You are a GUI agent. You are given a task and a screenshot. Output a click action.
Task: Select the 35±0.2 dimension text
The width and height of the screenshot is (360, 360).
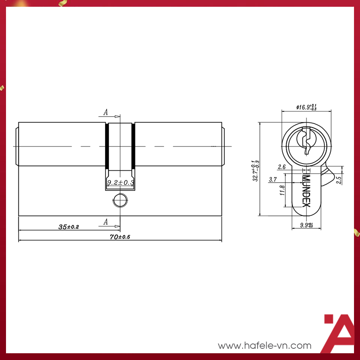coord(68,226)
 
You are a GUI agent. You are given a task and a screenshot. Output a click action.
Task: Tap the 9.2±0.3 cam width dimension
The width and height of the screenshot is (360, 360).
coord(120,183)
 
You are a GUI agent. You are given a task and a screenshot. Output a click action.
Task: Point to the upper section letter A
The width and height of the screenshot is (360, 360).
coord(106,112)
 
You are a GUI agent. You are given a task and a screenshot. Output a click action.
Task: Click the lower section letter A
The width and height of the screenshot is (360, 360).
coord(106,222)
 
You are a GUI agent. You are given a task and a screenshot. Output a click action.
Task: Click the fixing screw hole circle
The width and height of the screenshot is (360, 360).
coord(120,201)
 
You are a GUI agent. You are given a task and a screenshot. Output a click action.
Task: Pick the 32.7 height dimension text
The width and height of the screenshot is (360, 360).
coord(256,170)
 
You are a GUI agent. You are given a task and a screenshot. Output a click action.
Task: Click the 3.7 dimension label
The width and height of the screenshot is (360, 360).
coord(273,180)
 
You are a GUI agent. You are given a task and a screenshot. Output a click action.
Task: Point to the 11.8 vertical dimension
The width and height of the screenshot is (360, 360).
coord(283,190)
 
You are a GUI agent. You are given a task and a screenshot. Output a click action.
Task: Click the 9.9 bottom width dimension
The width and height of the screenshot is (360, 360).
coord(306,225)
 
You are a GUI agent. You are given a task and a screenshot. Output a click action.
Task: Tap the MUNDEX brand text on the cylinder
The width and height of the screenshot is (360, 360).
coord(306,191)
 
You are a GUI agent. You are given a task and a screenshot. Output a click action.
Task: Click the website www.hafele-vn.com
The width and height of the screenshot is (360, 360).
coord(265,345)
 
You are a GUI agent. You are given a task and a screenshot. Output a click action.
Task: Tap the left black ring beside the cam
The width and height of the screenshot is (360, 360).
coord(107,146)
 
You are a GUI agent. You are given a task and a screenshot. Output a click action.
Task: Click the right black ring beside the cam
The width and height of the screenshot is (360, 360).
coord(133,146)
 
